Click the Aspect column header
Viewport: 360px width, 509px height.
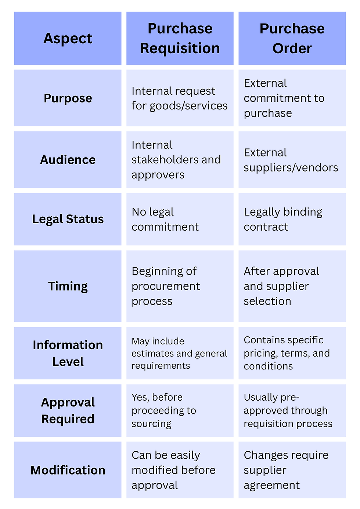tap(68, 39)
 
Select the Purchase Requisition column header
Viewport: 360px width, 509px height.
tap(180, 39)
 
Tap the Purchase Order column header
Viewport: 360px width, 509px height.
tap(292, 39)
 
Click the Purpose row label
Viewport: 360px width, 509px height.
tap(68, 98)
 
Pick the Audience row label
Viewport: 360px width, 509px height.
tap(68, 160)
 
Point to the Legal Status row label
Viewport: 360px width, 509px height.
tap(68, 219)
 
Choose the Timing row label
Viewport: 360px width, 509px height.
tap(68, 286)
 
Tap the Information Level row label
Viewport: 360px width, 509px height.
tap(68, 353)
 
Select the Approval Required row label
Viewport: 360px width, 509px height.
tap(68, 411)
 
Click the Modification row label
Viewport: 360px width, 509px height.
tap(68, 470)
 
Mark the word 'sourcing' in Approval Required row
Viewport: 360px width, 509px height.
tap(151, 424)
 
